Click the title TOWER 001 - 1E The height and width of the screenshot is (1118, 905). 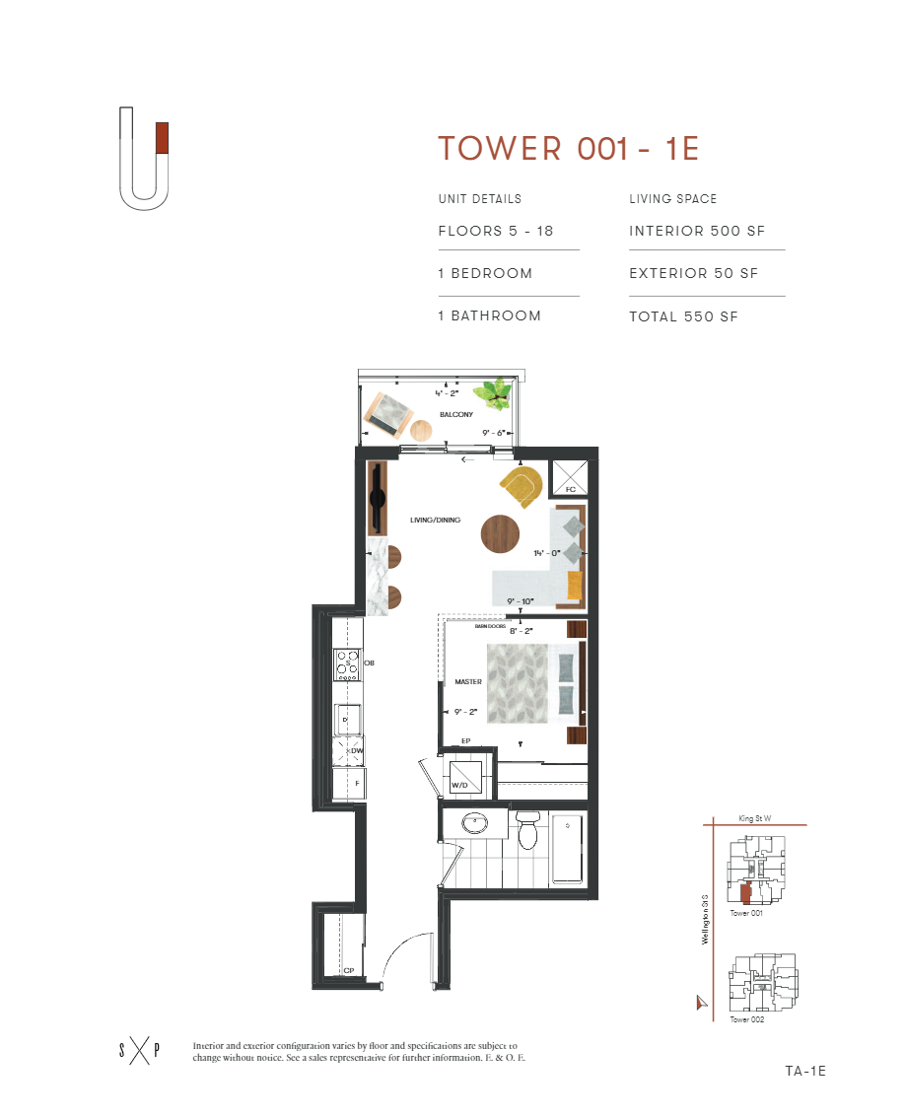click(568, 148)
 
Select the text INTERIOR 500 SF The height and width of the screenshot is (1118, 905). click(697, 232)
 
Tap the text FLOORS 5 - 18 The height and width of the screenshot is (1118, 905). click(496, 232)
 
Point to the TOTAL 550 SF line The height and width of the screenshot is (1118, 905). click(683, 316)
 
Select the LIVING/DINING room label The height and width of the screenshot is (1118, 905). click(435, 520)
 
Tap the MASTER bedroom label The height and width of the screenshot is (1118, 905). click(467, 681)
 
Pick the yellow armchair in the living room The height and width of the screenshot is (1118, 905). click(521, 486)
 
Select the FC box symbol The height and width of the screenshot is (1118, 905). click(569, 478)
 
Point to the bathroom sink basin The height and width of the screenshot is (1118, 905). click(476, 823)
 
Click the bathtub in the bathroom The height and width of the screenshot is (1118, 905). click(567, 848)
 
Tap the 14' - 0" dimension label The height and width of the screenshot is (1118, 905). click(547, 554)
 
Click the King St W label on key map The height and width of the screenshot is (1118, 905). click(756, 817)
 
